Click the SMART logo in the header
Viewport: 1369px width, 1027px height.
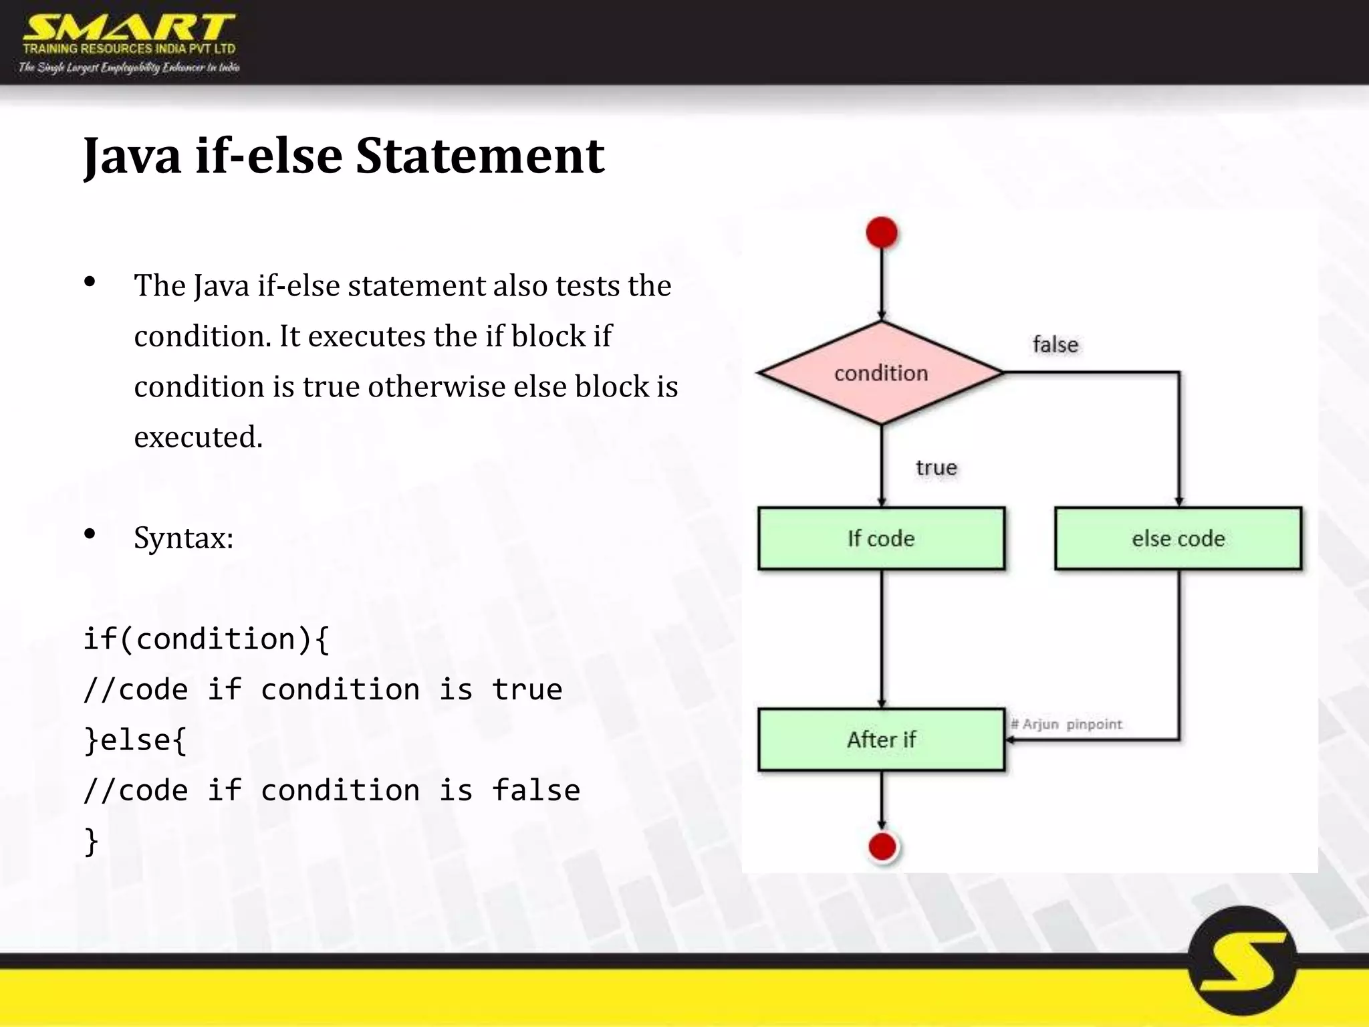pos(129,29)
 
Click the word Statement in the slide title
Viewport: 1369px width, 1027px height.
pos(479,156)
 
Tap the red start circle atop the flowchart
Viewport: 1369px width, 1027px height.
pos(882,233)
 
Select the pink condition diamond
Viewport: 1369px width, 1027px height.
pos(881,372)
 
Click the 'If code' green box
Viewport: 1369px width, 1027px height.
pos(881,538)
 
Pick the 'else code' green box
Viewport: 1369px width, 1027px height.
pos(1178,538)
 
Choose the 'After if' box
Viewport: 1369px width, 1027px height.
pos(881,739)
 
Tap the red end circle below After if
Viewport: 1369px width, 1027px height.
pos(882,846)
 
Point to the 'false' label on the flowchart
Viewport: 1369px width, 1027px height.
pos(1055,344)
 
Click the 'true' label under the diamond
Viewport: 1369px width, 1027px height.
pos(936,467)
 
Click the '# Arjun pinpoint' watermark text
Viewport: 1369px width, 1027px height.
pos(1066,724)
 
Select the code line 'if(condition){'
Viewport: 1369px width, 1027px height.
pos(206,639)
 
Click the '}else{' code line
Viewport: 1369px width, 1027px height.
pos(135,740)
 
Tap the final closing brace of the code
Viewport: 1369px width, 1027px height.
pos(92,841)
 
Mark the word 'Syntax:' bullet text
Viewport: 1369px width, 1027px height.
pos(183,538)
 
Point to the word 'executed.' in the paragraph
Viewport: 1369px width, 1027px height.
pos(198,437)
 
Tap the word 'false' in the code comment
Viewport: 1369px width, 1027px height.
pos(535,790)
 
